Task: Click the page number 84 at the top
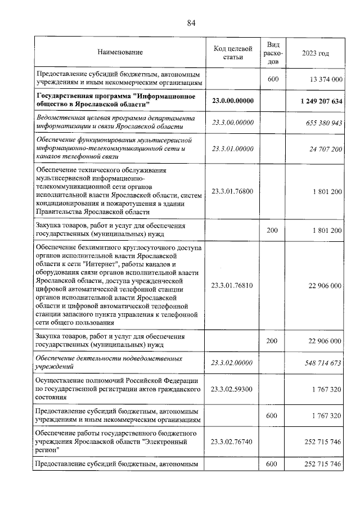coord(191,22)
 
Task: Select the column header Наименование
coord(120,52)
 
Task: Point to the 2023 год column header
coord(315,52)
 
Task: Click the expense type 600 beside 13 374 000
coord(273,79)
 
